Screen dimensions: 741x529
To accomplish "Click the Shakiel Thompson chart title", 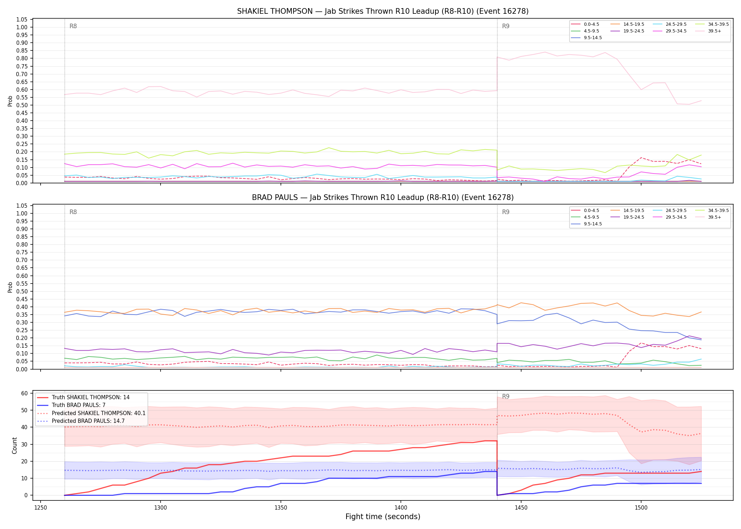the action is pyautogui.click(x=383, y=11).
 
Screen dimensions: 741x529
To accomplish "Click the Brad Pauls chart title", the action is pyautogui.click(x=383, y=197).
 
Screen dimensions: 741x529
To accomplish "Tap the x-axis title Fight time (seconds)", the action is pyautogui.click(x=383, y=517).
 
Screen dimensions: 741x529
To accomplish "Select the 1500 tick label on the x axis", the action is pyautogui.click(x=641, y=508).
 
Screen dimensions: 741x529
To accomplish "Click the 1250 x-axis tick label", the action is pyautogui.click(x=41, y=508).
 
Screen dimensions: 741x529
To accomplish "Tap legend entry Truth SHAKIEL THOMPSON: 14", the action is pyautogui.click(x=83, y=397).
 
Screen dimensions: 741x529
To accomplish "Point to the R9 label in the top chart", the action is pyautogui.click(x=506, y=26).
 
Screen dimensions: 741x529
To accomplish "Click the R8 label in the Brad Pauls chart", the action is pyautogui.click(x=73, y=212).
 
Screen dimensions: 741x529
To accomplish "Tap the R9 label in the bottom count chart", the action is pyautogui.click(x=506, y=396).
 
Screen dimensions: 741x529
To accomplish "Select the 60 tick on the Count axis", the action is pyautogui.click(x=24, y=393).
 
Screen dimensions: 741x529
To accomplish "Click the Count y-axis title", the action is pyautogui.click(x=14, y=445).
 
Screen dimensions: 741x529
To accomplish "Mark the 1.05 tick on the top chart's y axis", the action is pyautogui.click(x=22, y=19).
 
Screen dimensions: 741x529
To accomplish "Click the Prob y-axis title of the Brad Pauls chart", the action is pyautogui.click(x=10, y=287).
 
